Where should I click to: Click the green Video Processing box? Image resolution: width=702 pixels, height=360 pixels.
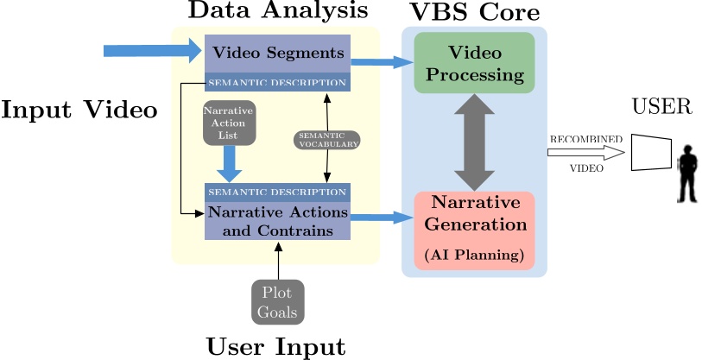[474, 63]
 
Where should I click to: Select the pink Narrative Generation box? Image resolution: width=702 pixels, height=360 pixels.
[474, 230]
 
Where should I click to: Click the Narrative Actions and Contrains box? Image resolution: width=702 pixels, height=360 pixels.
[277, 221]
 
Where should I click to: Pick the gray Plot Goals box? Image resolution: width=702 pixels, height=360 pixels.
[277, 302]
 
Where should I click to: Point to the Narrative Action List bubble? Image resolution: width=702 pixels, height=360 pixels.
[229, 123]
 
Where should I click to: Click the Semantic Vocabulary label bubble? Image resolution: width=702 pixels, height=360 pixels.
[327, 140]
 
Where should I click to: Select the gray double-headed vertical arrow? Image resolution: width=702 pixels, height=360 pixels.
[474, 143]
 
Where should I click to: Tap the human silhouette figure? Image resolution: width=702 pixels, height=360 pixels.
[687, 173]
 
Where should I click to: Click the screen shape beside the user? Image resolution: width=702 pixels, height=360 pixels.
[653, 152]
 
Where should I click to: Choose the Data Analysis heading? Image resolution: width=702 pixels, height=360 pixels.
[278, 11]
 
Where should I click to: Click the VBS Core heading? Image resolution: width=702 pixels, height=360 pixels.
[476, 12]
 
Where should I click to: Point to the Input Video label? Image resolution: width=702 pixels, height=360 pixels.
[79, 111]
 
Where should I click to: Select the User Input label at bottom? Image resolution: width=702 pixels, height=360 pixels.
[275, 347]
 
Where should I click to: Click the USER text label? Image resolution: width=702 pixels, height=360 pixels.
[661, 107]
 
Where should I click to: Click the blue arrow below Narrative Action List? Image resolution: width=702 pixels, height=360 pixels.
[230, 162]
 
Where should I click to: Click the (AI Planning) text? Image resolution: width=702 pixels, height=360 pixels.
[474, 256]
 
